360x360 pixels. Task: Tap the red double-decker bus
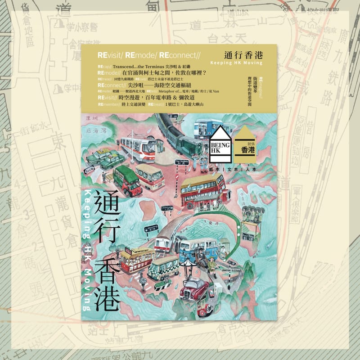point(202,189)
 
